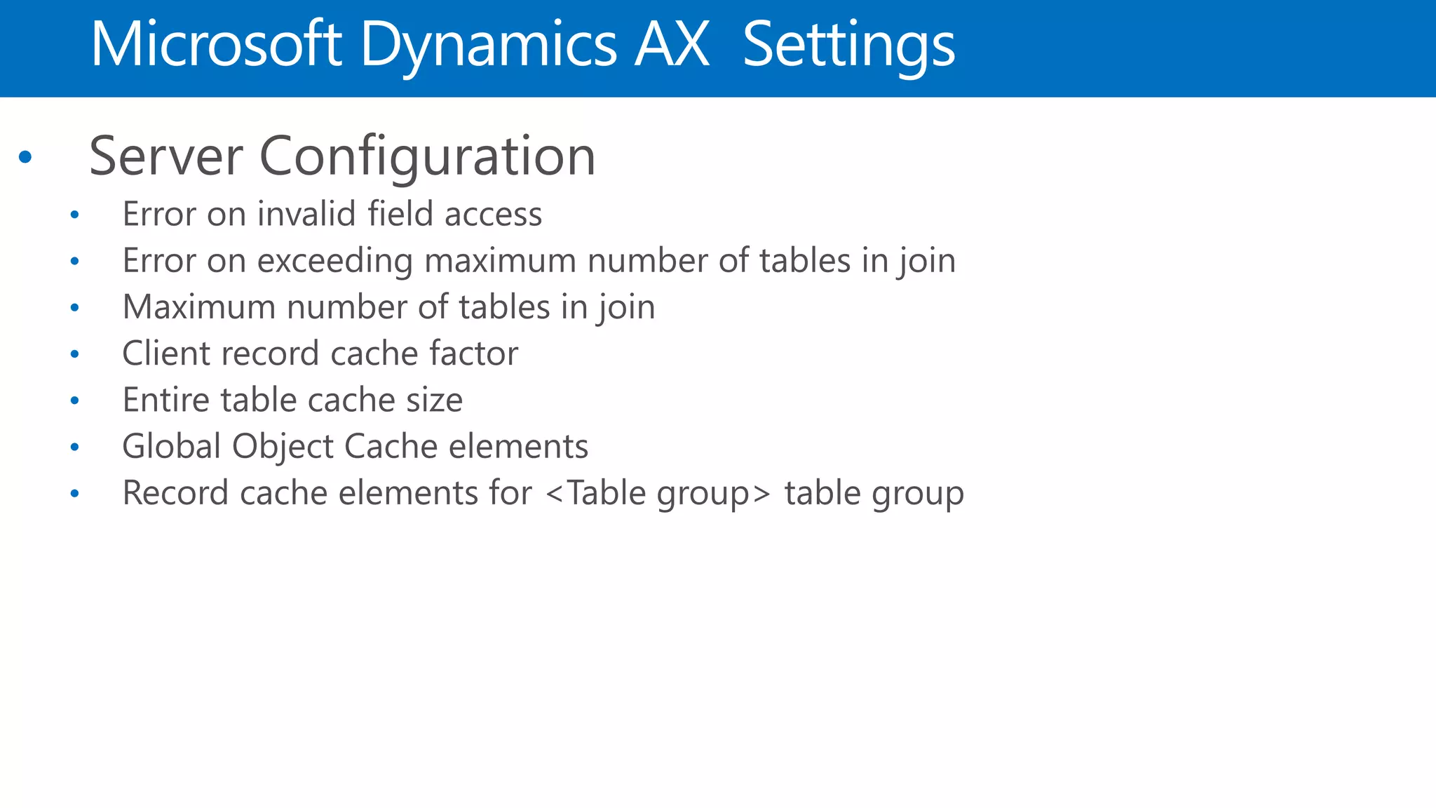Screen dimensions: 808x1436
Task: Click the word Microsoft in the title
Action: pos(216,45)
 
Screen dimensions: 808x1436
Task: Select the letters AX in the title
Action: pos(672,45)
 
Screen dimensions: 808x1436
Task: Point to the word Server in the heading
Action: pos(166,156)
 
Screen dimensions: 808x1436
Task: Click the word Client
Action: pos(166,353)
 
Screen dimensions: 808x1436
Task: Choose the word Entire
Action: pos(166,400)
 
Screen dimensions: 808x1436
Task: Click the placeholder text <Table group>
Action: pos(658,493)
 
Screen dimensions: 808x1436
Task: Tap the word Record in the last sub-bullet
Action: pos(175,493)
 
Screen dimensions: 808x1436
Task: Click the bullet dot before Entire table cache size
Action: pos(75,400)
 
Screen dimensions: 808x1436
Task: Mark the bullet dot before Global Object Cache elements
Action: pos(75,447)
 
